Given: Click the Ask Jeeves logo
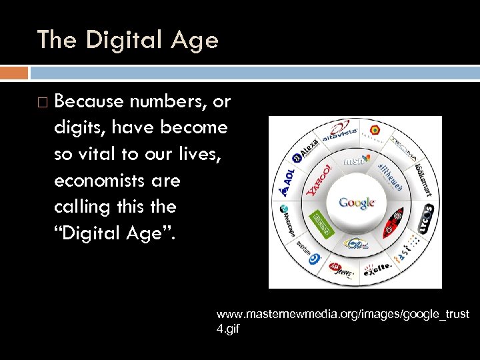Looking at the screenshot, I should pyautogui.click(x=338, y=269).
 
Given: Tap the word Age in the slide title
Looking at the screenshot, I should pyautogui.click(x=193, y=40).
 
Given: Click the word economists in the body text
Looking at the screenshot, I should pyautogui.click(x=117, y=181).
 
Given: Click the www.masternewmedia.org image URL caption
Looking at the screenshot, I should pyautogui.click(x=343, y=320).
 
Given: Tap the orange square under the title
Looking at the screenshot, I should pyautogui.click(x=14, y=72).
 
